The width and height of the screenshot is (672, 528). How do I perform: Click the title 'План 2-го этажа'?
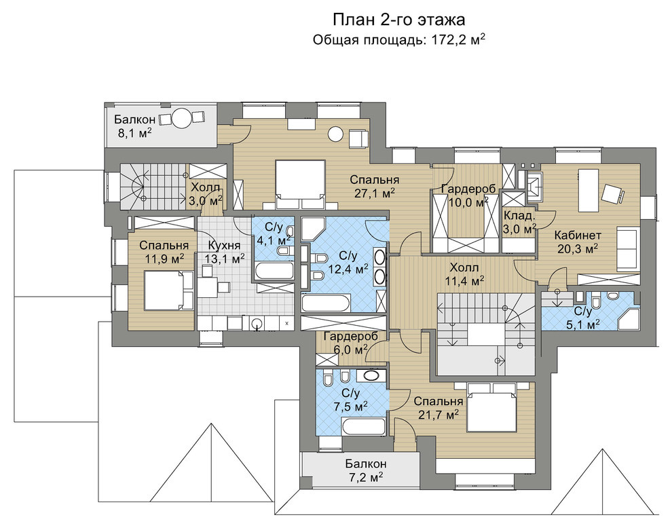click(399, 20)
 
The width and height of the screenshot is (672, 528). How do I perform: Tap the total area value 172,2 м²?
click(456, 39)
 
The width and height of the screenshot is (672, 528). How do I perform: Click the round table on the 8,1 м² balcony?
click(182, 117)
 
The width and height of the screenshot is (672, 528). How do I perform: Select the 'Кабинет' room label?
click(577, 235)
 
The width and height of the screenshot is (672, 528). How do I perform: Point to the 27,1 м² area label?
click(375, 193)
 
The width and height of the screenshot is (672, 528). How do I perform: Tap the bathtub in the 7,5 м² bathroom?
click(363, 427)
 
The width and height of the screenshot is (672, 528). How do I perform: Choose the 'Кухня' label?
click(224, 246)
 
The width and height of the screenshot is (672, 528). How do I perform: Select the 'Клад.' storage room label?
click(519, 215)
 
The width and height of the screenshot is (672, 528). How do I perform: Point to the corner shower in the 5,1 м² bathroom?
click(629, 317)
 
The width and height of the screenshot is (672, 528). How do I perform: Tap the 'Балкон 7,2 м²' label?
click(366, 470)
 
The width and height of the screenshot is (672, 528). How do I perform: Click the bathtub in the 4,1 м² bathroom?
click(274, 271)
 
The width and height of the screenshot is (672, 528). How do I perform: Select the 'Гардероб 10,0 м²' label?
click(468, 195)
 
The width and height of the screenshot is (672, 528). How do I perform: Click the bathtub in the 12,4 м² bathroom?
click(326, 303)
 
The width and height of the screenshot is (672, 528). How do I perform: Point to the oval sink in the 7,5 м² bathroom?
click(371, 376)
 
